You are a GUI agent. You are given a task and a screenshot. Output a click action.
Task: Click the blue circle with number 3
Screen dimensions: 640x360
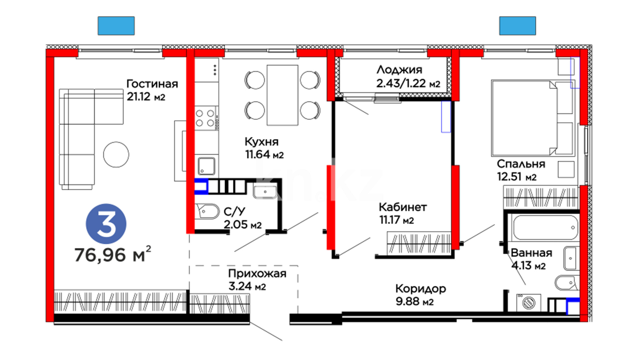[106, 224]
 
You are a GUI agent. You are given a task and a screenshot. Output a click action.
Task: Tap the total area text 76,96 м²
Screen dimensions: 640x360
[113, 255]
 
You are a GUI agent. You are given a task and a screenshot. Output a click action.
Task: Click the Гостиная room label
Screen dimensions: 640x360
[152, 84]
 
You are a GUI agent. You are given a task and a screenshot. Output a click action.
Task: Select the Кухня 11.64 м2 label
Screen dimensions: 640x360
[264, 148]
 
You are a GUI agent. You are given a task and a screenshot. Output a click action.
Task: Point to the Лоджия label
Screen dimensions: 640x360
[399, 70]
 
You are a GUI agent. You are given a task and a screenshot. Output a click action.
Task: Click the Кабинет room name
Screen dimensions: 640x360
[403, 207]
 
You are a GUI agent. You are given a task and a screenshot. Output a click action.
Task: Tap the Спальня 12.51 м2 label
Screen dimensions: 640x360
[521, 170]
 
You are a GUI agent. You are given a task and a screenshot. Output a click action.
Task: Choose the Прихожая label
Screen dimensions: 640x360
[257, 274]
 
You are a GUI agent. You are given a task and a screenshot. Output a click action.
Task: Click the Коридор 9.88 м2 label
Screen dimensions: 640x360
[421, 295]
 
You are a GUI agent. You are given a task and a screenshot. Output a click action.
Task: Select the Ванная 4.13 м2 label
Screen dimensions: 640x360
[531, 259]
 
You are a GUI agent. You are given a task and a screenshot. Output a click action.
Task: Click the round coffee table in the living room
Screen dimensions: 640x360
[116, 154]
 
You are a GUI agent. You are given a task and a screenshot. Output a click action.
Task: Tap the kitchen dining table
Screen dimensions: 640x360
[282, 95]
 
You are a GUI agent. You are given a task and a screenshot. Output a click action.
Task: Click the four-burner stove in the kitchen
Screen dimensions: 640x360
[205, 118]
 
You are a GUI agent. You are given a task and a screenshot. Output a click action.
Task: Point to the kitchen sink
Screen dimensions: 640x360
[207, 166]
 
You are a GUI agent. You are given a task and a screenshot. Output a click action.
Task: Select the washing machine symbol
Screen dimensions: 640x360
[529, 303]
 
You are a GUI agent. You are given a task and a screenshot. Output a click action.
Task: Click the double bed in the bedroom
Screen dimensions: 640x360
[532, 118]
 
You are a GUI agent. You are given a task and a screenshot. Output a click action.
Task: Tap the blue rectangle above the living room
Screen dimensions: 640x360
[116, 26]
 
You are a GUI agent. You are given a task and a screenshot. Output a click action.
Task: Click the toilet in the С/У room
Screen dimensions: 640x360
[207, 212]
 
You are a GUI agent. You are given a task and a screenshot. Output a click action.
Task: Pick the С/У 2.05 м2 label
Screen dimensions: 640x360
[242, 218]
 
